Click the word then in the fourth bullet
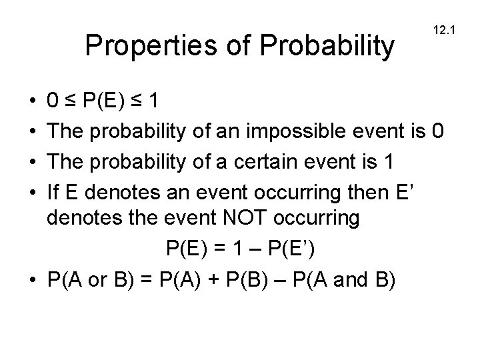tap(373, 195)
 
